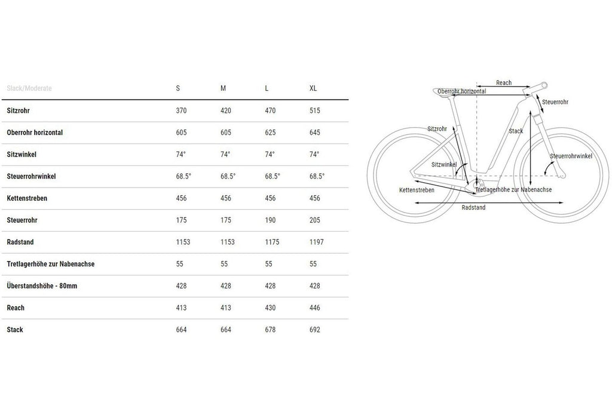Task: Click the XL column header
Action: click(x=313, y=88)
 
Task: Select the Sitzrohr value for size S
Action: click(x=181, y=111)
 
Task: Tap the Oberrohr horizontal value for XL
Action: click(x=314, y=133)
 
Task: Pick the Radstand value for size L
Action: click(x=272, y=242)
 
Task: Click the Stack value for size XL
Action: click(x=314, y=330)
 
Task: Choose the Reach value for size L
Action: click(x=270, y=308)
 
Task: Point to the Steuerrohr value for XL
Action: click(x=314, y=220)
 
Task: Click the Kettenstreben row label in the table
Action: click(x=27, y=198)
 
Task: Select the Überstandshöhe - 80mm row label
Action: click(x=42, y=286)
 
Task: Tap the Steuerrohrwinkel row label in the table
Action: click(x=31, y=176)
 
